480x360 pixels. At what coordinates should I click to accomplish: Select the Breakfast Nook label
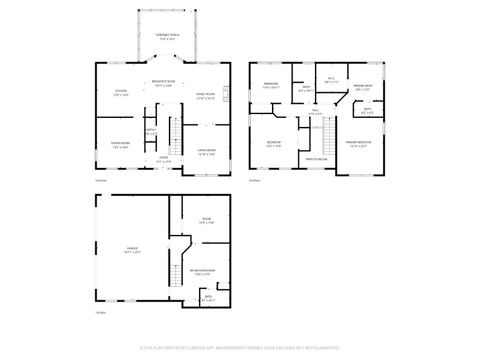coord(165,84)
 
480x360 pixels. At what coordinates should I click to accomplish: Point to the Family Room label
coord(205,96)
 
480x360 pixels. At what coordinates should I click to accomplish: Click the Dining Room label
coord(120,145)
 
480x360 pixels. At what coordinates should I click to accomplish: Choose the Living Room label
coord(206,153)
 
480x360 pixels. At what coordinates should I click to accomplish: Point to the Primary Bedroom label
coord(358,144)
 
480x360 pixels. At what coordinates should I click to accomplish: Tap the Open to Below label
coord(317,159)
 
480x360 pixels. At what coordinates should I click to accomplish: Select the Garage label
coord(131,252)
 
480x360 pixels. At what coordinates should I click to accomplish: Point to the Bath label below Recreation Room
coord(208,297)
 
